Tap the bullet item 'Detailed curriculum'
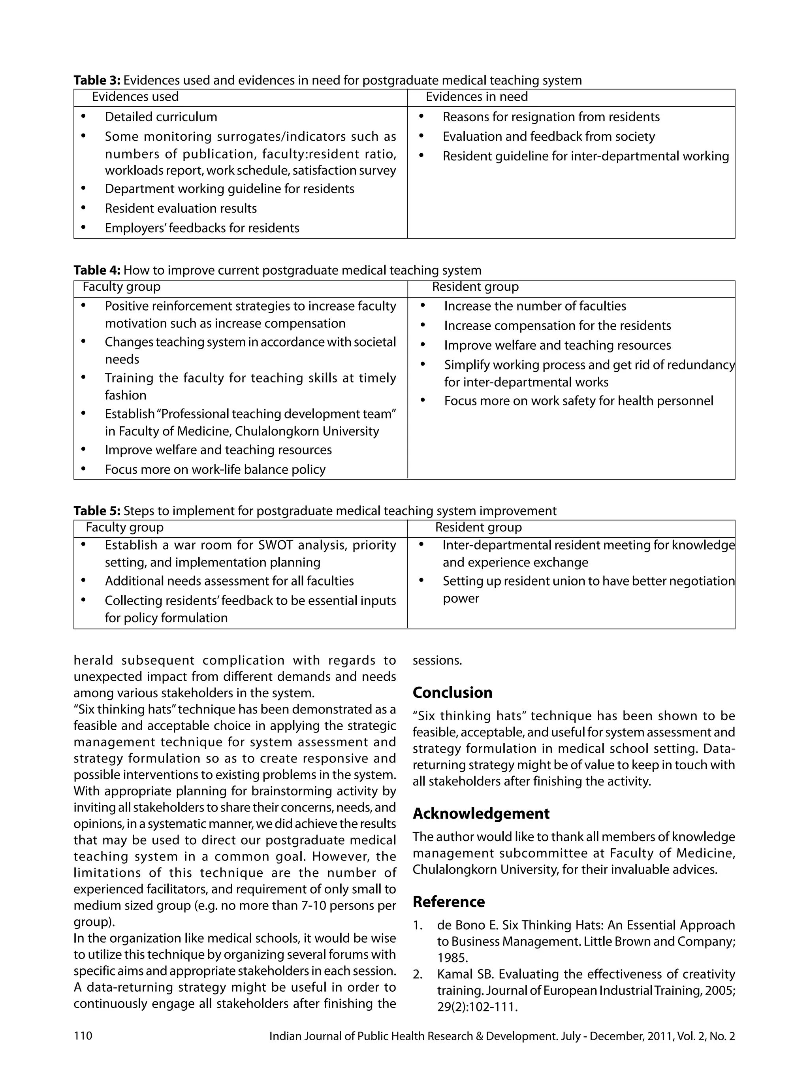coord(161,117)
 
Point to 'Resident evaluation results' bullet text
coord(181,209)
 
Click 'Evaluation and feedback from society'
coord(548,137)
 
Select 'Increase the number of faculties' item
coord(534,306)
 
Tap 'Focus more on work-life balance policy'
coord(214,470)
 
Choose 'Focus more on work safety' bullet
coord(578,401)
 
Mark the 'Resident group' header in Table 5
coord(478,527)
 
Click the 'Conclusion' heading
coord(452,693)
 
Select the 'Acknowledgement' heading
coord(480,813)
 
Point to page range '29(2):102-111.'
coord(476,1007)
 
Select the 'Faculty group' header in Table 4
coord(121,287)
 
